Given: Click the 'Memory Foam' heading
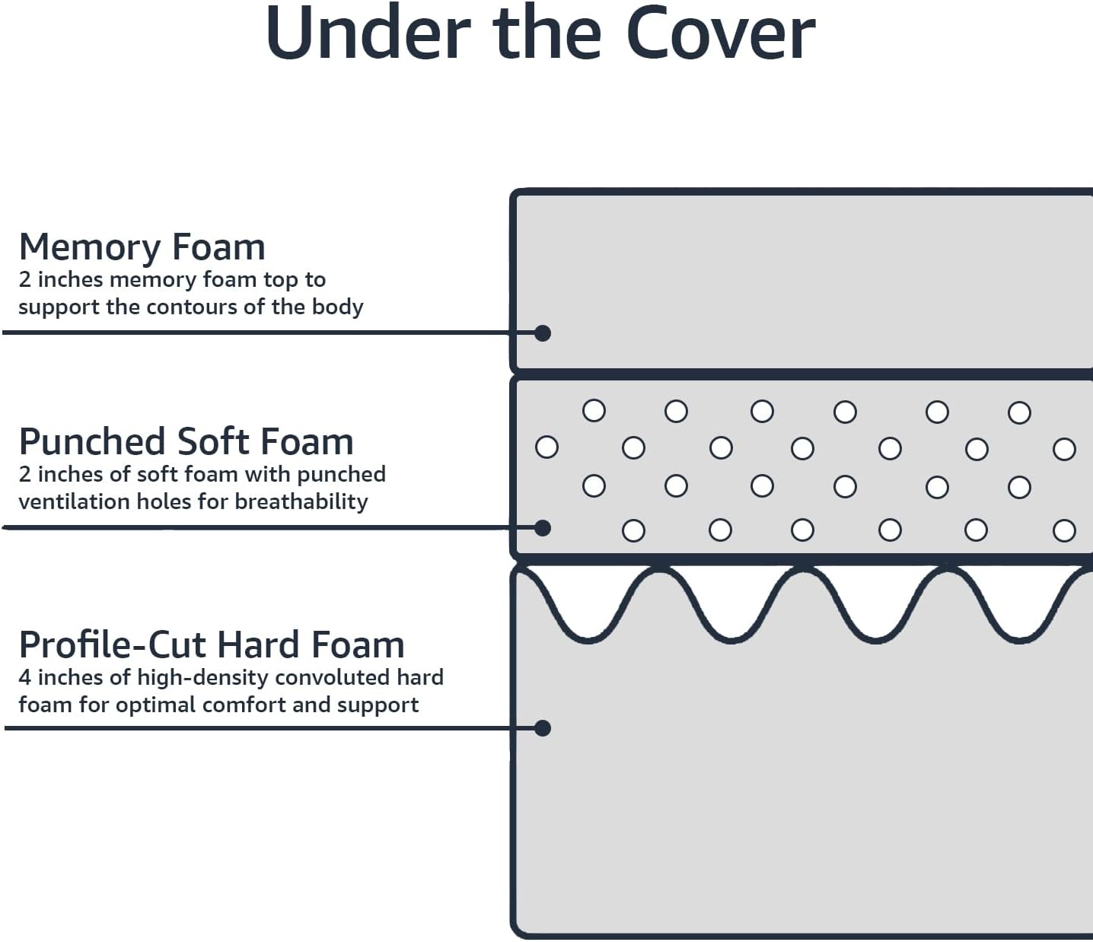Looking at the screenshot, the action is click(x=142, y=247).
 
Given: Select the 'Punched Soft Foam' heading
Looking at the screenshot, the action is click(x=186, y=441).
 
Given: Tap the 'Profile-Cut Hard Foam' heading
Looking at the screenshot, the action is click(x=212, y=644).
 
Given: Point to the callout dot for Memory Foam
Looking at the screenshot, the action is click(x=542, y=333).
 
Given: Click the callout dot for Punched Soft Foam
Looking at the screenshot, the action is click(x=542, y=528).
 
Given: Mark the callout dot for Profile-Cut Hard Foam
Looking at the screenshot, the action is click(x=542, y=728).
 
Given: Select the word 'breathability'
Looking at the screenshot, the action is click(x=301, y=502).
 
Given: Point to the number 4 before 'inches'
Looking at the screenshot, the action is click(x=24, y=678).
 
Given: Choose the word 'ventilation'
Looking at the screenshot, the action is click(x=74, y=501).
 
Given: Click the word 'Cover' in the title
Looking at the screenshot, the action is click(x=720, y=33).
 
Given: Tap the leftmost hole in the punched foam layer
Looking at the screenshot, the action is click(x=546, y=447).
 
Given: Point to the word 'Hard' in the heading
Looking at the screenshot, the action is click(x=260, y=644).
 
